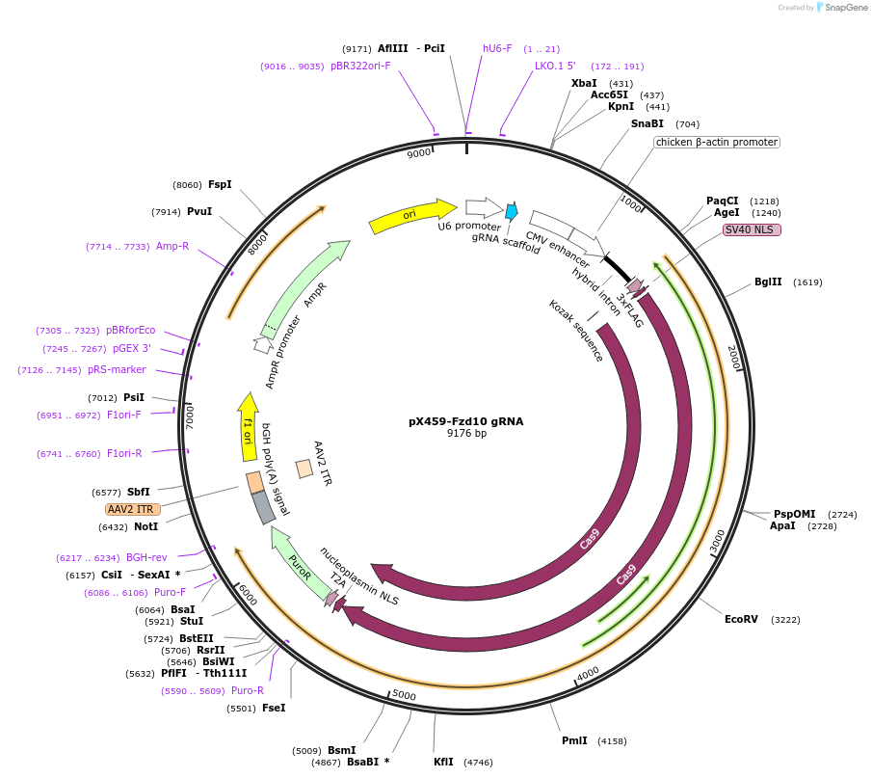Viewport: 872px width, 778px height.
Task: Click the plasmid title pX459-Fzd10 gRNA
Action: tap(466, 421)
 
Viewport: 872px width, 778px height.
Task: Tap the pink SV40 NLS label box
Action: tap(752, 229)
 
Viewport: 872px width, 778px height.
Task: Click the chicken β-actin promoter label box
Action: tap(716, 142)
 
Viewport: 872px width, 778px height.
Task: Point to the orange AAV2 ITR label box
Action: tap(133, 509)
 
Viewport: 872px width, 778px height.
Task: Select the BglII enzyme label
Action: tap(768, 282)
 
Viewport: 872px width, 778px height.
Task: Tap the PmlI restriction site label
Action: tap(574, 740)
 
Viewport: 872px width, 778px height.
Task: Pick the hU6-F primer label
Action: tap(497, 48)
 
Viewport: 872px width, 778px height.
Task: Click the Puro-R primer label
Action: tap(248, 690)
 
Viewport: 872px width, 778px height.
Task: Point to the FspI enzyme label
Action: tap(220, 185)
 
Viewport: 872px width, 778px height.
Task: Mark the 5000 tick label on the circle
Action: tap(404, 695)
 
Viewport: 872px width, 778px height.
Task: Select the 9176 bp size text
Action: tap(466, 434)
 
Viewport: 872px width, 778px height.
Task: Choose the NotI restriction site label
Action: tap(145, 526)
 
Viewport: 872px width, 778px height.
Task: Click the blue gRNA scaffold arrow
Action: tap(512, 210)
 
